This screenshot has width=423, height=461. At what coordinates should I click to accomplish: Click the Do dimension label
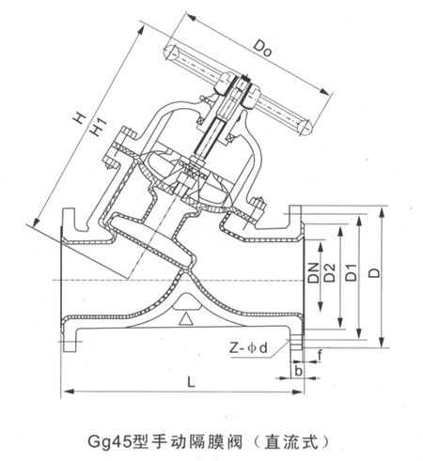point(262,49)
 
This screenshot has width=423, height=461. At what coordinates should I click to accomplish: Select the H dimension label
point(79,117)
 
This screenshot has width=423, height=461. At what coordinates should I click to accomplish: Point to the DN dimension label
point(313,272)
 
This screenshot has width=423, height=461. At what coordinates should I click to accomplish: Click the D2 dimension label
point(329,272)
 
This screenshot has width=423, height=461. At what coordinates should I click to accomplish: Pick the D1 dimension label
point(352,272)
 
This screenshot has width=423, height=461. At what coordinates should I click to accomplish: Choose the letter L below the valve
point(191,381)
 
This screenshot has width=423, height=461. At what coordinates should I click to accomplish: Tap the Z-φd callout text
point(248,347)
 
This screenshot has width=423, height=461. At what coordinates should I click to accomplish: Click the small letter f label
point(320,355)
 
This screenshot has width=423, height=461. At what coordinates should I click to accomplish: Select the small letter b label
point(298,371)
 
